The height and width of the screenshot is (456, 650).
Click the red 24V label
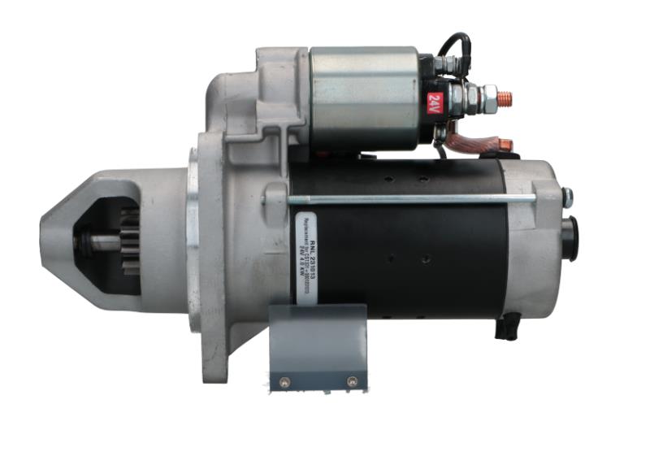(433, 103)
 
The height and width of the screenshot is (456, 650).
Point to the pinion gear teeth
(129, 241)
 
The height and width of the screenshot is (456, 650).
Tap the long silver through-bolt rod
(406, 199)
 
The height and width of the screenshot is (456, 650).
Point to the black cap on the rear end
(570, 239)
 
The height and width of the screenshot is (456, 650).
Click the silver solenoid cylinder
(363, 98)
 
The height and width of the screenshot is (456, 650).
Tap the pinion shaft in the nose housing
(97, 241)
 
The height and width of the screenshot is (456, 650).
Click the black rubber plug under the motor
(507, 327)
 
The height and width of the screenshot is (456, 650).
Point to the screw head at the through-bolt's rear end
(566, 196)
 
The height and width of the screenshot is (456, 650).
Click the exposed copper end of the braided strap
(505, 147)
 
